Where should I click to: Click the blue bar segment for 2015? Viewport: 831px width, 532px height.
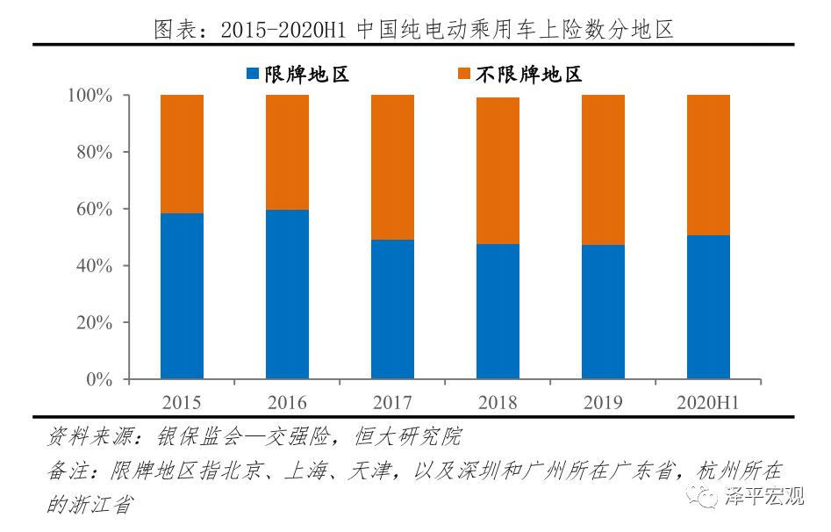coord(182,297)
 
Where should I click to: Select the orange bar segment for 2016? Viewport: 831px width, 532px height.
coord(287,152)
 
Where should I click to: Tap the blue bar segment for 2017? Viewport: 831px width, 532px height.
coord(392,309)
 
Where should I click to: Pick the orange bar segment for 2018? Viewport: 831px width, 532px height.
coord(498,170)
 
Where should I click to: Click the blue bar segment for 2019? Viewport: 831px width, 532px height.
coord(603,312)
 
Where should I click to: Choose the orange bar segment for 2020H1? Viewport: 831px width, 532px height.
coord(708,164)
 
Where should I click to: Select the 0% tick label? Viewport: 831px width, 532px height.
coord(100,380)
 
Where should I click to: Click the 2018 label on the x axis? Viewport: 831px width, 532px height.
coord(498,403)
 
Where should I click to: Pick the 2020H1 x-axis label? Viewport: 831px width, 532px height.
coord(708,403)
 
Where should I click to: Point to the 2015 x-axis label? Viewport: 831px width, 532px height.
coord(182,403)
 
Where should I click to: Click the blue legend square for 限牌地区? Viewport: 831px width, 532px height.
coord(253,75)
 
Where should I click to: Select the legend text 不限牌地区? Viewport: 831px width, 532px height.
coord(529,75)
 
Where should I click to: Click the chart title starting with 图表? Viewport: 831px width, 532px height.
coord(414,30)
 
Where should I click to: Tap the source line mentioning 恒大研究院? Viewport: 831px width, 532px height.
coord(254,436)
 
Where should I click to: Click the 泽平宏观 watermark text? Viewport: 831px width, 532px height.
coord(764,498)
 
